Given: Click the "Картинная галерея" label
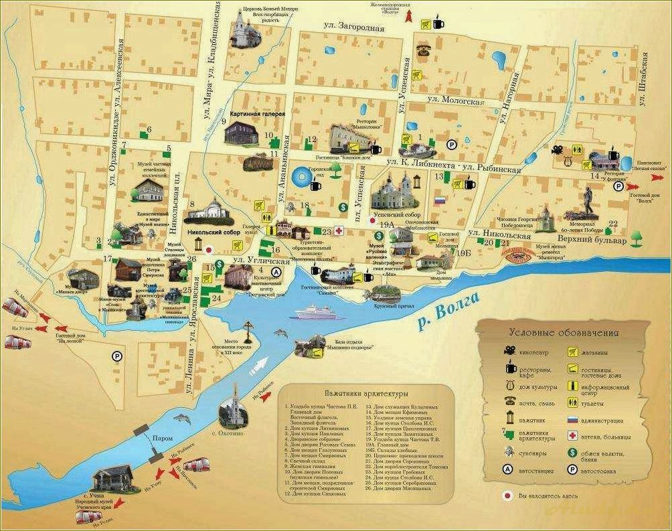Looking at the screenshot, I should coord(258,115).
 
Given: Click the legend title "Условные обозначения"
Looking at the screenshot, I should coord(564,332).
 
